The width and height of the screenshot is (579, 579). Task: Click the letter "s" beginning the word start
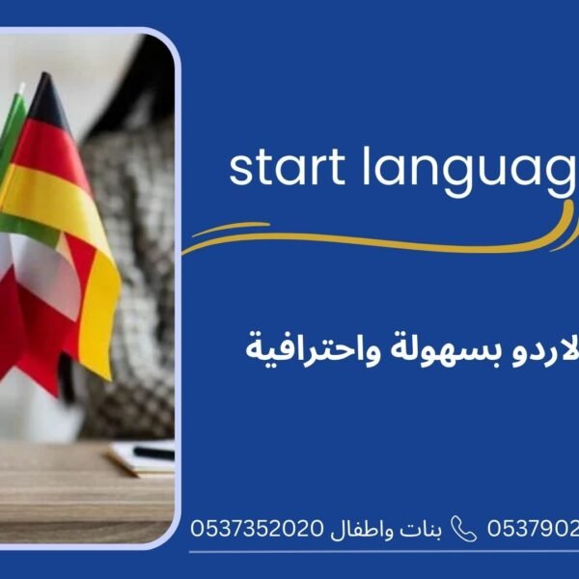tap(239, 170)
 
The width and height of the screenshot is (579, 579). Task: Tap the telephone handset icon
tap(464, 529)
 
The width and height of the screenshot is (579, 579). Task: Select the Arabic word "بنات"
tap(427, 529)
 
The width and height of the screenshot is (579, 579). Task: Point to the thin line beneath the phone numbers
tap(386, 552)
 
